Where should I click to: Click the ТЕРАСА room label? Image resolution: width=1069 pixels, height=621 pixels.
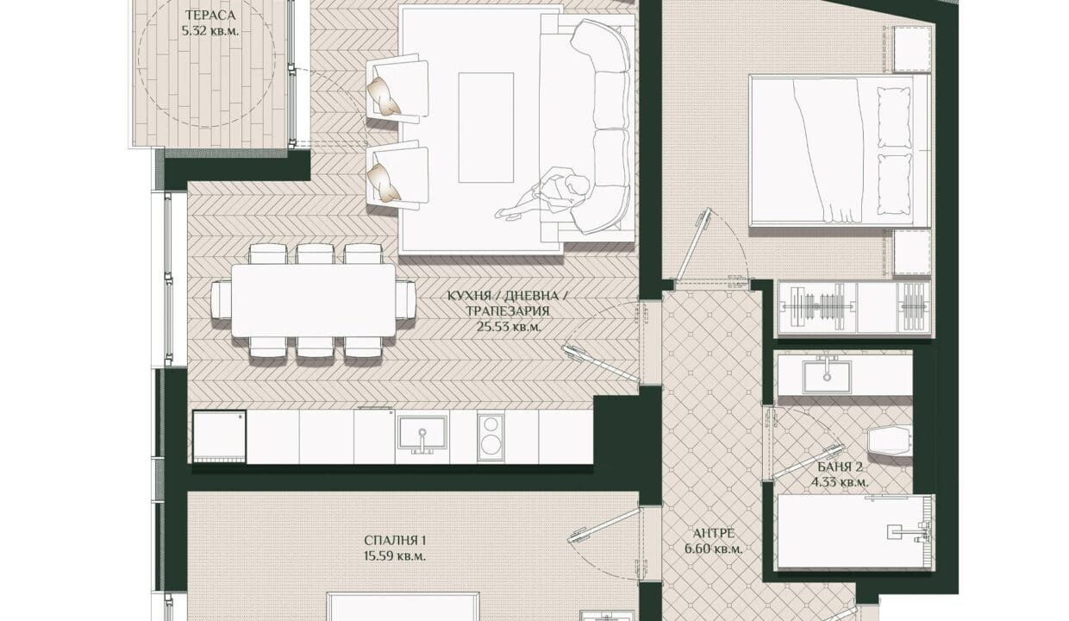coord(210,16)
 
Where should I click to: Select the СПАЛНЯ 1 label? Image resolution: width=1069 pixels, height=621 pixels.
coord(395,540)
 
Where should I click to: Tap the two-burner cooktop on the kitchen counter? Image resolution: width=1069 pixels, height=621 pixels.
coord(491,436)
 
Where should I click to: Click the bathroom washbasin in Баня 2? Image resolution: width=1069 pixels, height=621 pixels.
coord(827,377)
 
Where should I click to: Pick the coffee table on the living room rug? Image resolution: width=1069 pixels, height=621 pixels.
coord(486,128)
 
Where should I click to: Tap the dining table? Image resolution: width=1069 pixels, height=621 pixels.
coord(314,301)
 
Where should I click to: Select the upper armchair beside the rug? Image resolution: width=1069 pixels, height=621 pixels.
coord(397,89)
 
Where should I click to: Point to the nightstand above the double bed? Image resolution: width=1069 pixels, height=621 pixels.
coord(912,49)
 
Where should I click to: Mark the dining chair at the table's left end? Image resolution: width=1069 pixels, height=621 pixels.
coord(221,300)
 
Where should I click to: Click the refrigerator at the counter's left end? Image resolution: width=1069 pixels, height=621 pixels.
coord(220,437)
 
